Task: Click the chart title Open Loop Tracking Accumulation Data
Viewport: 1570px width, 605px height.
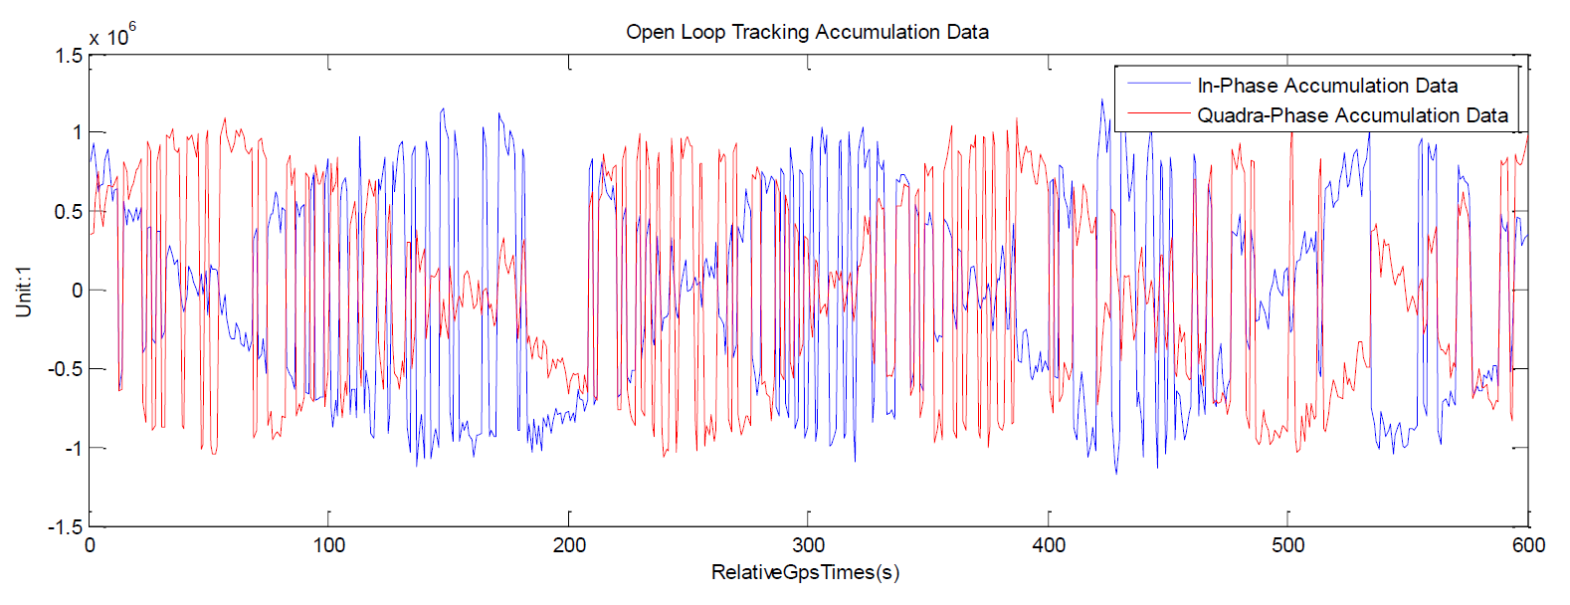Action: pos(807,32)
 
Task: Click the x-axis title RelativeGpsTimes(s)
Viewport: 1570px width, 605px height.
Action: pos(805,572)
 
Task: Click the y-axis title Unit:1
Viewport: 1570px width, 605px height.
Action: pos(24,291)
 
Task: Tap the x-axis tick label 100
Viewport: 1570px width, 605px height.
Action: pos(328,545)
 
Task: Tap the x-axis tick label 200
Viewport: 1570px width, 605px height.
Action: pos(569,545)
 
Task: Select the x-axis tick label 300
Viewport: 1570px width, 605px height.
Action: pos(809,545)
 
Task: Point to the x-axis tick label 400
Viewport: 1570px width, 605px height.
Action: pos(1049,545)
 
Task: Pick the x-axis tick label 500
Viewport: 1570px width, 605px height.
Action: pos(1287,545)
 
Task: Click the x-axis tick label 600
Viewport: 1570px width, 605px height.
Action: pos(1528,545)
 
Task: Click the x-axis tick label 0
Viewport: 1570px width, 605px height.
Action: pos(90,545)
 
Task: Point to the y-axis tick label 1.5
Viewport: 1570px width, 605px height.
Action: pos(69,56)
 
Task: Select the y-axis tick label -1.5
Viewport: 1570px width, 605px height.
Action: pos(65,527)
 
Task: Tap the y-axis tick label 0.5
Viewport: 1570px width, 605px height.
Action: pos(69,212)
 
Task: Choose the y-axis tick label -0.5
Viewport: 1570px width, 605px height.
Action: pos(65,369)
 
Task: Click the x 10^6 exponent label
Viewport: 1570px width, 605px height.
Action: pos(111,36)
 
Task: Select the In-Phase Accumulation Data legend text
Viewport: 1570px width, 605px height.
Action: pos(1327,86)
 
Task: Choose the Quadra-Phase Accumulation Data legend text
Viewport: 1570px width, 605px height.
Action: pos(1352,115)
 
